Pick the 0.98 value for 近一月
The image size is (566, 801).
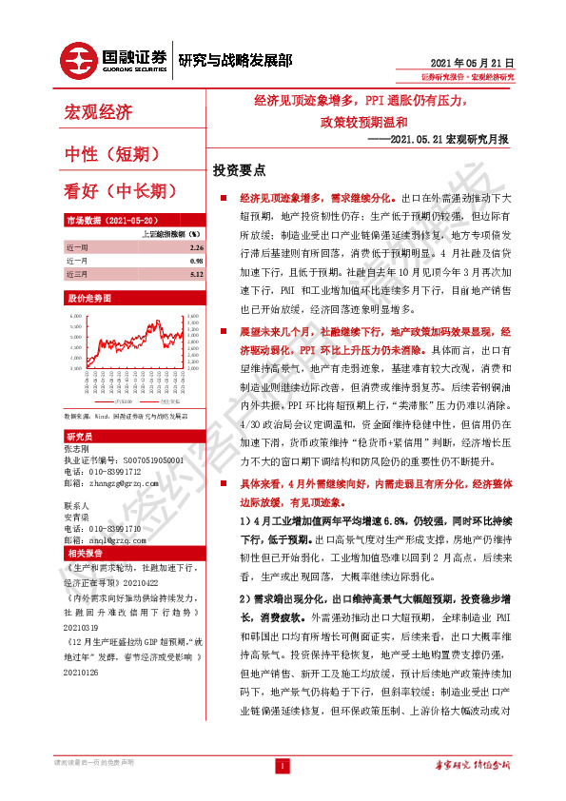point(197,260)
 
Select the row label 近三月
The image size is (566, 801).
point(77,273)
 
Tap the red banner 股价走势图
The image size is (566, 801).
point(84,298)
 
